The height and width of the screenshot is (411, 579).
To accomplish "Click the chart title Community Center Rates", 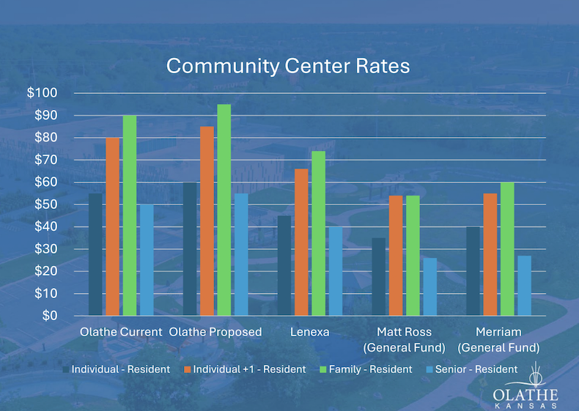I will click(x=288, y=65).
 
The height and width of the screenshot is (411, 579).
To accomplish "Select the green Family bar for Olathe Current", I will click(x=129, y=215).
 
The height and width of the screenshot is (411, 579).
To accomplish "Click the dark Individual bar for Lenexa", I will click(x=284, y=265).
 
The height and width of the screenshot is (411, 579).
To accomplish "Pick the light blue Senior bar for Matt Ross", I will click(x=429, y=286).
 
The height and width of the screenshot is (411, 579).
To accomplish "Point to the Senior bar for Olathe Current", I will click(x=147, y=260).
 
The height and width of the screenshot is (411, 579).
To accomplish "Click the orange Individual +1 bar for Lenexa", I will click(x=301, y=242).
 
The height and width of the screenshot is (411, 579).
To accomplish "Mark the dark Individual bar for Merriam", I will click(x=473, y=271).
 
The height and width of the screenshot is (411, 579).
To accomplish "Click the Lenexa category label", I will click(x=309, y=332).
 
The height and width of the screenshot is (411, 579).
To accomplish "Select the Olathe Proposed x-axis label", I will click(x=215, y=332).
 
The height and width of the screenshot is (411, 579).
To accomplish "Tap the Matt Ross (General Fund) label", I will click(x=404, y=340).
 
